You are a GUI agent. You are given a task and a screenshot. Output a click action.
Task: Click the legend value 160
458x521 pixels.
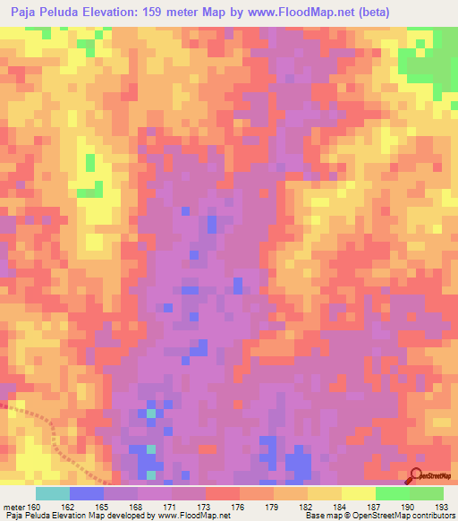[34, 507]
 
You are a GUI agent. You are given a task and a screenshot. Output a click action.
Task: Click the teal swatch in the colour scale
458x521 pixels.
[53, 493]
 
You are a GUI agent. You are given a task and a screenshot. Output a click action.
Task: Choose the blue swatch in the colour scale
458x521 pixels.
[87, 493]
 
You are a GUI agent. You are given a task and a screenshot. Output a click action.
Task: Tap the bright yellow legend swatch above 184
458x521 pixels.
[358, 493]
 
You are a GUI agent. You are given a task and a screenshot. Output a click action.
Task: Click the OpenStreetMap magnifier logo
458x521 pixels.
[416, 476]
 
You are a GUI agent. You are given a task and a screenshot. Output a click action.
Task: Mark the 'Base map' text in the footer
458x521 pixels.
[319, 517]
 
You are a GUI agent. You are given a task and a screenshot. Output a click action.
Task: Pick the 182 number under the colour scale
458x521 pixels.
[308, 507]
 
